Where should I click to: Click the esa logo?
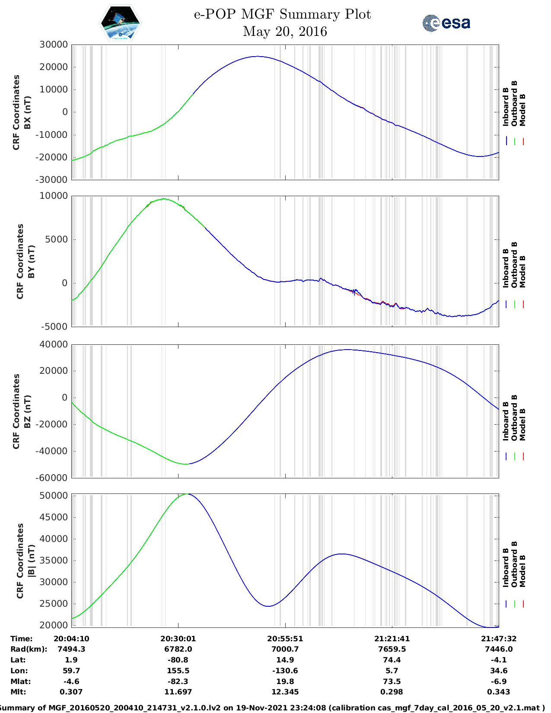(446, 23)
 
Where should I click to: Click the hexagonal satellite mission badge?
(121, 22)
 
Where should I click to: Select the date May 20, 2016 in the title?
(285, 32)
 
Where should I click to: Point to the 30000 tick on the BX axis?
(53, 45)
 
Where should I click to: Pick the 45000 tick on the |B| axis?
(54, 517)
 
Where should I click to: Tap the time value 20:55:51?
(285, 638)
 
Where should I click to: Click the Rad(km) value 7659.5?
(392, 649)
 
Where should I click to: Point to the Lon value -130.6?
(285, 671)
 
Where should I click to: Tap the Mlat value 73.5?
(392, 681)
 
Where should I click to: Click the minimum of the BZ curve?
(186, 464)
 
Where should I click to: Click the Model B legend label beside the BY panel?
(522, 271)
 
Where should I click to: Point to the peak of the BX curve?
(258, 56)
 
